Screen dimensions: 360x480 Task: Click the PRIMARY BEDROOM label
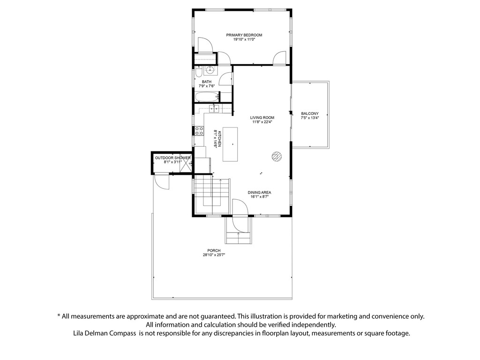pos(244,35)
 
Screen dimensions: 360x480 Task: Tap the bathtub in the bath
pos(207,97)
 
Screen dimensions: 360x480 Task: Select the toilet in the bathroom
pos(198,73)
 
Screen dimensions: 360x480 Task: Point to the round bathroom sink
pos(210,70)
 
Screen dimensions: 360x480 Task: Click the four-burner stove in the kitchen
pos(199,130)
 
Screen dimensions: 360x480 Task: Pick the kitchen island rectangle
pos(230,144)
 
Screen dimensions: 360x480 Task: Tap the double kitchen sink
pos(214,109)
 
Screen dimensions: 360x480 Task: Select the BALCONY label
pos(310,113)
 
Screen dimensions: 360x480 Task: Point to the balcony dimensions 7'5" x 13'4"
pos(310,118)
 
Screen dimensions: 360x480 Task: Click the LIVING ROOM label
pos(262,118)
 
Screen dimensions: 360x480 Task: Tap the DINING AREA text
pos(259,192)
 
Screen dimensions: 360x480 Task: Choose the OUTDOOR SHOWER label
pos(172,158)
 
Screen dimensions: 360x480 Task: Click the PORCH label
pos(214,251)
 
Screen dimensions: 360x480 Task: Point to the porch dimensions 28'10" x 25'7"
pos(214,255)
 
